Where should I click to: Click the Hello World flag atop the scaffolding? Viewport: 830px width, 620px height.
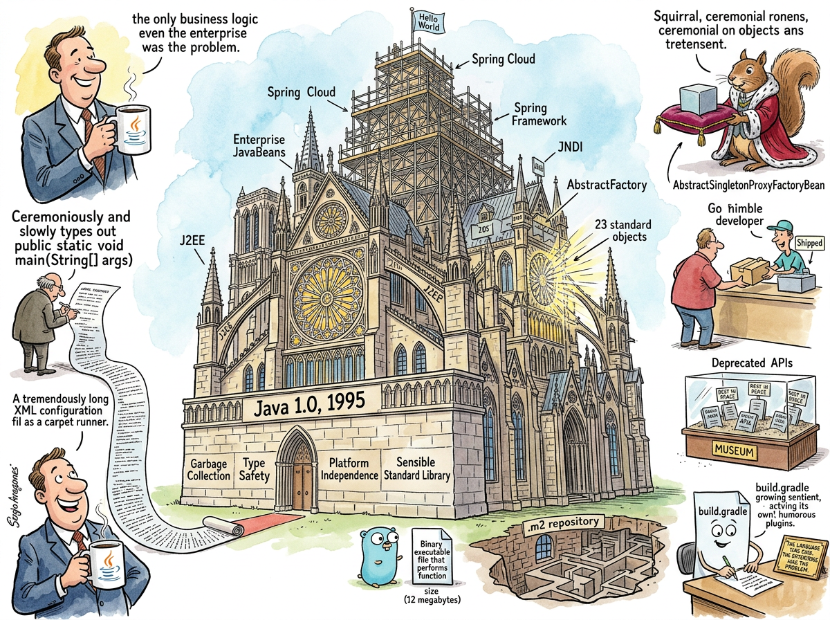(x=428, y=19)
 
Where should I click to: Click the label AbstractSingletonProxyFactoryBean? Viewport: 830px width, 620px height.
(x=748, y=185)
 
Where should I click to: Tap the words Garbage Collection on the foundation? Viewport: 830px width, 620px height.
(x=209, y=469)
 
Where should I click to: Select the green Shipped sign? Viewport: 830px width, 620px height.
(x=809, y=244)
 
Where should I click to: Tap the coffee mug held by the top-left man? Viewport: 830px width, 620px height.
(x=132, y=130)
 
